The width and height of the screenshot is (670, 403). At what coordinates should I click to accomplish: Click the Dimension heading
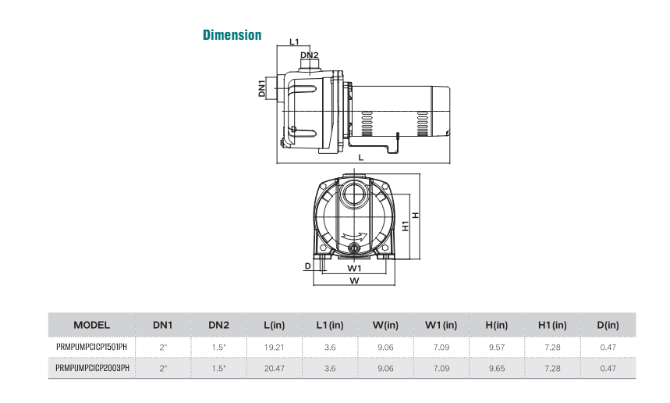pyautogui.click(x=232, y=35)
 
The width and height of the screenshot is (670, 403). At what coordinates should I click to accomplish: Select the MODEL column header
pyautogui.click(x=91, y=324)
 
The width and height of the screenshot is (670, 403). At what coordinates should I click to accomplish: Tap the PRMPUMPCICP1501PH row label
pyautogui.click(x=91, y=346)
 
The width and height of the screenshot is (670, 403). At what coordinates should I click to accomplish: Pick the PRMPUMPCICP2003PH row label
pyautogui.click(x=91, y=368)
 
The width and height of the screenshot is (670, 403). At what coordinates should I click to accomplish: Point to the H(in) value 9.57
pyautogui.click(x=496, y=346)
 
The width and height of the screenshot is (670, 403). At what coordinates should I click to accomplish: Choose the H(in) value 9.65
pyautogui.click(x=496, y=368)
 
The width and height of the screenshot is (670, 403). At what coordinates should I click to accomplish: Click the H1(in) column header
pyautogui.click(x=552, y=324)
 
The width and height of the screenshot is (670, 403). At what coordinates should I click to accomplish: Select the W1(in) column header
pyautogui.click(x=441, y=324)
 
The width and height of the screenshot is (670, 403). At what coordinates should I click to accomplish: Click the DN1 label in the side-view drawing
pyautogui.click(x=263, y=87)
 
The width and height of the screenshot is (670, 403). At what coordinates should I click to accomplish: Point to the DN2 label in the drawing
pyautogui.click(x=310, y=55)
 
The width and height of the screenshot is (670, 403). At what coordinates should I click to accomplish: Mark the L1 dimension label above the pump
pyautogui.click(x=294, y=41)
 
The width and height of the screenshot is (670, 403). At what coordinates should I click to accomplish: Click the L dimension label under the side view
pyautogui.click(x=360, y=158)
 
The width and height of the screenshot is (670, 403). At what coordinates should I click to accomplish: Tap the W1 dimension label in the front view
pyautogui.click(x=354, y=268)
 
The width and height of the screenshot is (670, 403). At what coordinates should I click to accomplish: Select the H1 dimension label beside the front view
pyautogui.click(x=405, y=226)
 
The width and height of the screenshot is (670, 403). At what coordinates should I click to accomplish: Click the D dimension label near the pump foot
pyautogui.click(x=308, y=266)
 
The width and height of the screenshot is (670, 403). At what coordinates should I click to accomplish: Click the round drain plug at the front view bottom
pyautogui.click(x=355, y=250)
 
